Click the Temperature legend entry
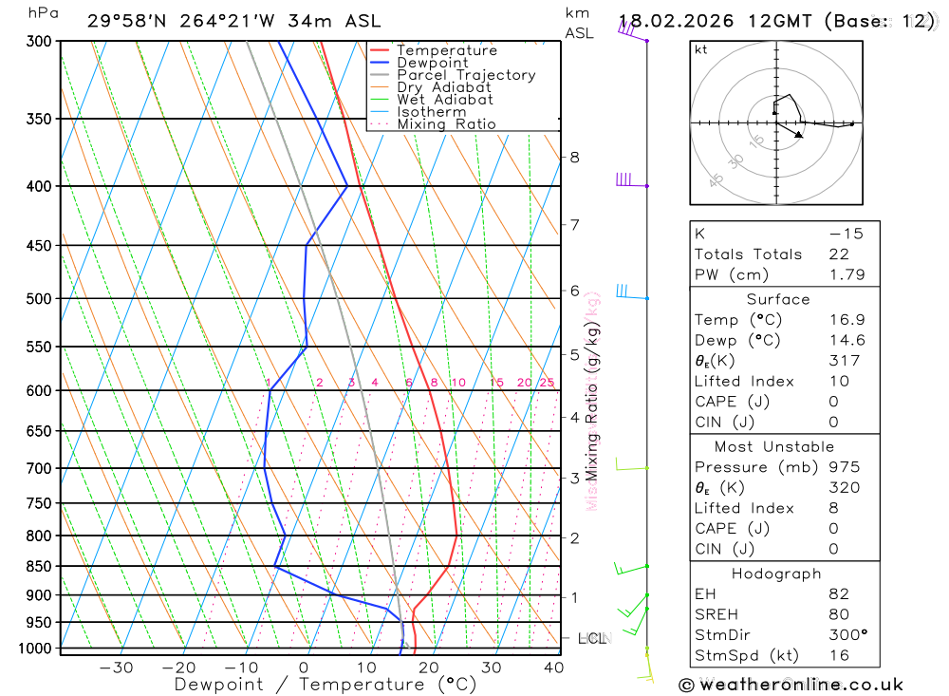(446, 50)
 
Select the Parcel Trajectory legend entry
(466, 75)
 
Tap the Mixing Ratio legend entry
(446, 124)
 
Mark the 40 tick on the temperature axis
(554, 668)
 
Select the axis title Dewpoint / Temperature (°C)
(312, 684)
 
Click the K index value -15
(846, 234)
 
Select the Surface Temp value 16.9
(846, 320)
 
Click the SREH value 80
(839, 614)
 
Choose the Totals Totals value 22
(839, 254)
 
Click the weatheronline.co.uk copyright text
(791, 685)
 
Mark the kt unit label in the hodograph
(700, 49)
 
